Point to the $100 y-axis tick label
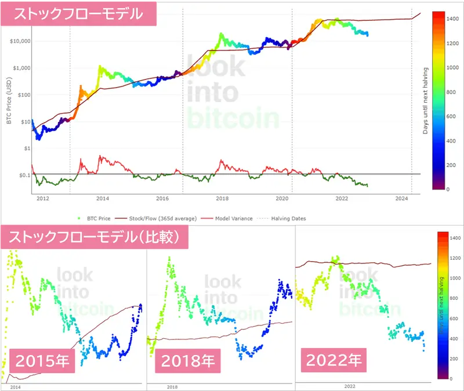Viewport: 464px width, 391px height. tap(24, 95)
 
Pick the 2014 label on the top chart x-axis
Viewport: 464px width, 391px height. tap(103, 198)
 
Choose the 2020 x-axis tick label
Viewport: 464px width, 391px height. tap(282, 198)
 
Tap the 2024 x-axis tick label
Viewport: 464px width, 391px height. tap(401, 198)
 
